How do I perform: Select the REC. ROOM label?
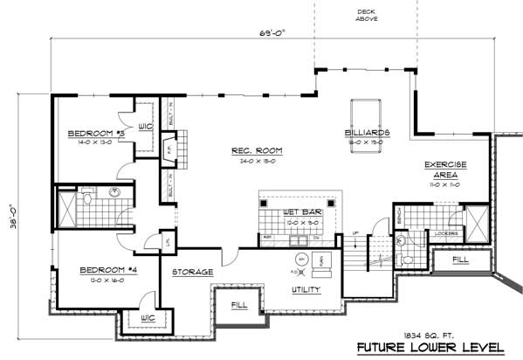click(256, 150)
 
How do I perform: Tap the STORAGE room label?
click(191, 272)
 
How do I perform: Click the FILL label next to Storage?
click(238, 304)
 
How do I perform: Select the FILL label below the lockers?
click(459, 260)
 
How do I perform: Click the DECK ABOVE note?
click(366, 16)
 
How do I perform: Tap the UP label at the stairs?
click(355, 232)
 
